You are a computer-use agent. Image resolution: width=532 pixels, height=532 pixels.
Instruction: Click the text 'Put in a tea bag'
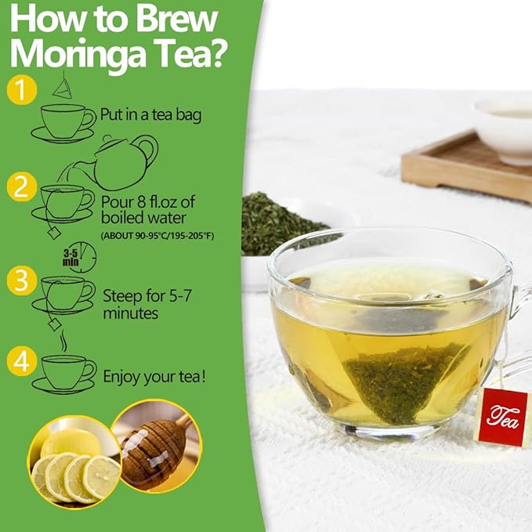tap(150, 114)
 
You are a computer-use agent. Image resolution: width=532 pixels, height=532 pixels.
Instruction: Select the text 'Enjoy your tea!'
tap(154, 376)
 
